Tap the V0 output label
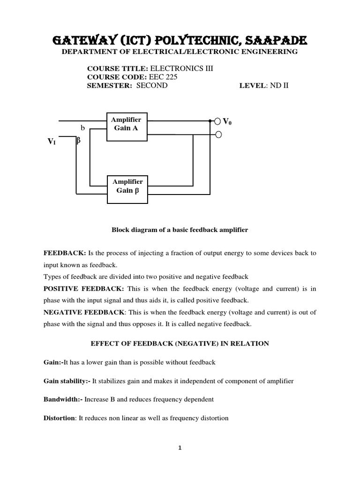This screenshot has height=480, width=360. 227,121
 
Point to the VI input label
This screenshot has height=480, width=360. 52,141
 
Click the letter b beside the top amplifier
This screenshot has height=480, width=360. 83,127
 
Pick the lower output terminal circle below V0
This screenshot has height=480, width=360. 217,135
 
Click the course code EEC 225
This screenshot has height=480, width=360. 163,77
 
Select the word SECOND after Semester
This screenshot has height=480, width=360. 151,86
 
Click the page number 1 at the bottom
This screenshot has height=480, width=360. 180,448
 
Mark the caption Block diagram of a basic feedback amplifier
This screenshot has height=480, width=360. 180,230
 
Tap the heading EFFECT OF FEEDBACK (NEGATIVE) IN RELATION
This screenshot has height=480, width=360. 180,344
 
